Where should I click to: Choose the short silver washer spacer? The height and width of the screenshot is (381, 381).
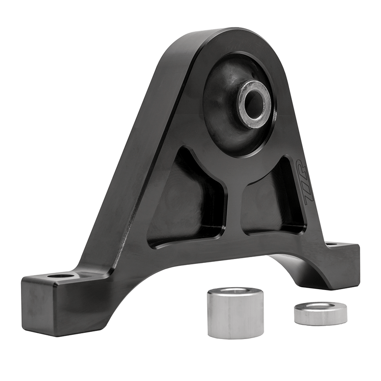point(320,313)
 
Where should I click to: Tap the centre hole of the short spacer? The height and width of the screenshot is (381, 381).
point(321,305)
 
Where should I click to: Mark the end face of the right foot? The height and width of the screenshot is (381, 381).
point(345,267)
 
